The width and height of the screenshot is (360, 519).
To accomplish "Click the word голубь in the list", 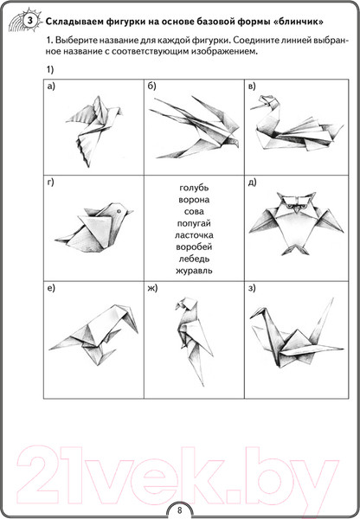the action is click(x=194, y=188).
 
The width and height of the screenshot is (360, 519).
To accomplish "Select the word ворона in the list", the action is click(x=194, y=200).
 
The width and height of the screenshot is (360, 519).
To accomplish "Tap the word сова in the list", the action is click(x=194, y=212).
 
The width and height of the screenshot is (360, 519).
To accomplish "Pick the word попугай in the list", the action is click(x=194, y=223).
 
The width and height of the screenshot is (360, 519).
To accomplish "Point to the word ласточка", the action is click(x=194, y=235).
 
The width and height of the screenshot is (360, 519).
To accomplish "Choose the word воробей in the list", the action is click(x=194, y=247).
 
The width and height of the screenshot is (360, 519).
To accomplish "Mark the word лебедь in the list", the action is click(x=194, y=259).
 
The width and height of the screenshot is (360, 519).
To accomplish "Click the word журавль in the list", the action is click(x=194, y=271).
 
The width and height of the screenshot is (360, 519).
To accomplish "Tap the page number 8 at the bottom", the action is click(x=180, y=509).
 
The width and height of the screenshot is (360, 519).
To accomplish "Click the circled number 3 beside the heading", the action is click(x=29, y=21).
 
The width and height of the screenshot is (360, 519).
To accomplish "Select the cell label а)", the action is click(x=51, y=86).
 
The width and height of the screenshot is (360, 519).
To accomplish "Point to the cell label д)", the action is click(x=253, y=183).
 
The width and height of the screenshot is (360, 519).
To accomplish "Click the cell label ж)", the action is click(x=152, y=288).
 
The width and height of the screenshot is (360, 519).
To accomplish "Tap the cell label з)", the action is click(x=252, y=288).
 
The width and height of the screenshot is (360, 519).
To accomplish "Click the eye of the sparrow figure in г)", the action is click(x=118, y=210).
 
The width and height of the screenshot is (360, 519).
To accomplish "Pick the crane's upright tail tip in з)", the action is click(x=332, y=298).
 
